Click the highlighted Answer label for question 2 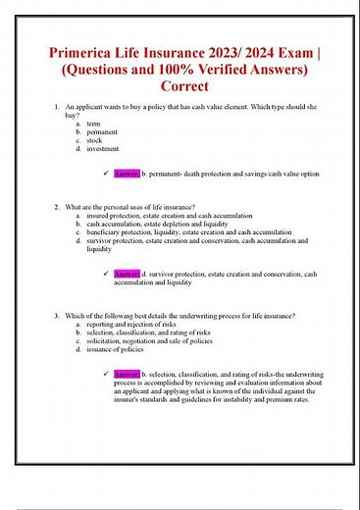(128, 274)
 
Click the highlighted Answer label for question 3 (128, 374)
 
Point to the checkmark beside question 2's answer (105, 274)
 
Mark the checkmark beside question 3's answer (105, 374)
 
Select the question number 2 (57, 207)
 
